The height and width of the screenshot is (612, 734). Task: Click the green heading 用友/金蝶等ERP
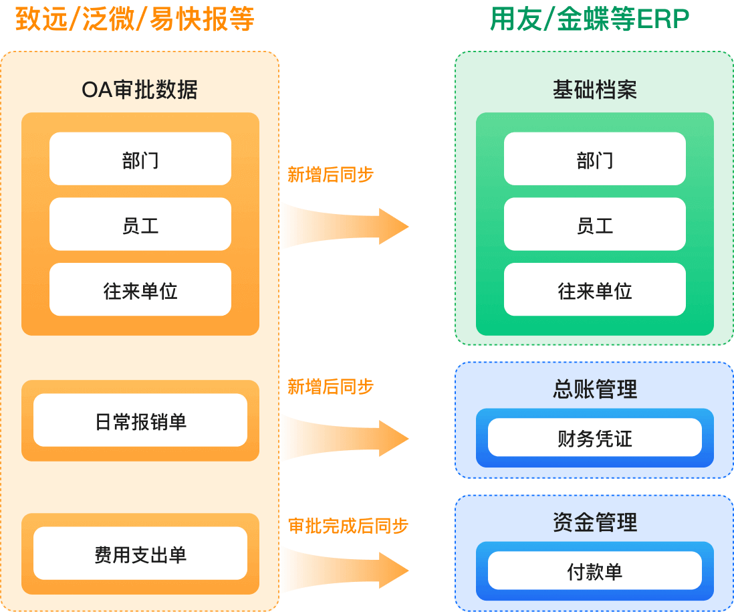(x=589, y=20)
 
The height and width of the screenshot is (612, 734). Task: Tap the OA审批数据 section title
(x=140, y=90)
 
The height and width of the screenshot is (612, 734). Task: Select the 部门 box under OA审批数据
(x=140, y=159)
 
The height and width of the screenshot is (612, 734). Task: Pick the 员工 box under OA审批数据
(x=140, y=225)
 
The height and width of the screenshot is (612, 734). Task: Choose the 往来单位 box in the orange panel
(x=140, y=290)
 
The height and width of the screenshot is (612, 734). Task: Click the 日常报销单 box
(x=140, y=421)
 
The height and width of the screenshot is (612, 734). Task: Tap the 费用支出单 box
(x=140, y=554)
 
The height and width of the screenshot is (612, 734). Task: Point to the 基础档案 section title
(x=594, y=90)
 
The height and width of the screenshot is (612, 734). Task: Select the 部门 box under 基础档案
(x=594, y=159)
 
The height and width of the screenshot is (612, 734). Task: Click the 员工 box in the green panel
(x=594, y=225)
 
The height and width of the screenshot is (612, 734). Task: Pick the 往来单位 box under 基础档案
(x=594, y=290)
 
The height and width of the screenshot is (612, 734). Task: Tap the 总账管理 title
(x=594, y=389)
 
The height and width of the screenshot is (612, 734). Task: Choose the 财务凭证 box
(x=594, y=438)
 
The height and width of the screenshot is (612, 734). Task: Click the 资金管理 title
(x=594, y=522)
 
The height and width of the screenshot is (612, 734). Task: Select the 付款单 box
(x=594, y=571)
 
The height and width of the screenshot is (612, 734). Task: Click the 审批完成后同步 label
(x=348, y=526)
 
